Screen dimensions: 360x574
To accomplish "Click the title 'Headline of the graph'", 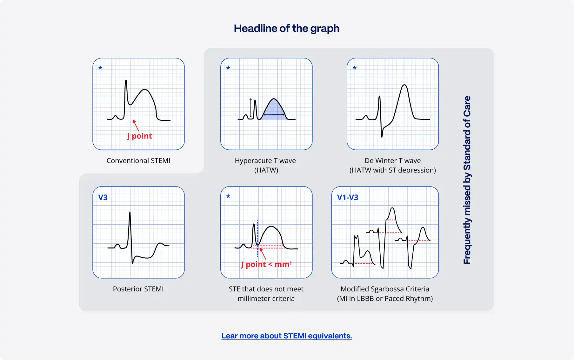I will pyautogui.click(x=286, y=29).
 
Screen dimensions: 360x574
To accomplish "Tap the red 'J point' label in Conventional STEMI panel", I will pyautogui.click(x=139, y=136).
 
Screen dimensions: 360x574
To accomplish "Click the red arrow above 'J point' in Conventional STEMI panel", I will pyautogui.click(x=136, y=125).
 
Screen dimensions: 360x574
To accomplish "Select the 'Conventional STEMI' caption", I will pyautogui.click(x=138, y=161).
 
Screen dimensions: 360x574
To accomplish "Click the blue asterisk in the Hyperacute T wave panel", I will pyautogui.click(x=228, y=68).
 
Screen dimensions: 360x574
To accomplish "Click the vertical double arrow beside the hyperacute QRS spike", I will pyautogui.click(x=250, y=108).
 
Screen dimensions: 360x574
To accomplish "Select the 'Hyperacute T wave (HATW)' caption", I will pyautogui.click(x=265, y=165).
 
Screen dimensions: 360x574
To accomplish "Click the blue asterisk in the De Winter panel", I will pyautogui.click(x=355, y=68).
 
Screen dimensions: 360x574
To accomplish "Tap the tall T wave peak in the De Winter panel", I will pyautogui.click(x=404, y=86).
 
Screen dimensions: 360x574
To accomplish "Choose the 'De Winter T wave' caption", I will pyautogui.click(x=393, y=161).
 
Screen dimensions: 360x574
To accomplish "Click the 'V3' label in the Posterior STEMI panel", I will pyautogui.click(x=103, y=198).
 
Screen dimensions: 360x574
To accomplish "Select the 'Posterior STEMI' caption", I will pyautogui.click(x=138, y=289).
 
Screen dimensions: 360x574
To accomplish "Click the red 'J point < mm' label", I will pyautogui.click(x=266, y=264).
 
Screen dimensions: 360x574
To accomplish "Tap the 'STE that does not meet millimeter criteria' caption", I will pyautogui.click(x=266, y=294).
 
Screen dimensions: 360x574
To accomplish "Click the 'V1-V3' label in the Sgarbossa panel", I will pyautogui.click(x=348, y=198).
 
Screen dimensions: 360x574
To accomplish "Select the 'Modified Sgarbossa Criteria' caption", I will pyautogui.click(x=385, y=289).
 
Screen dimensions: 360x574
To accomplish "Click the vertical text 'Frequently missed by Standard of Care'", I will pyautogui.click(x=467, y=180).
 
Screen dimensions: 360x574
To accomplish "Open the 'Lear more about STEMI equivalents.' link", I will pyautogui.click(x=286, y=336).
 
